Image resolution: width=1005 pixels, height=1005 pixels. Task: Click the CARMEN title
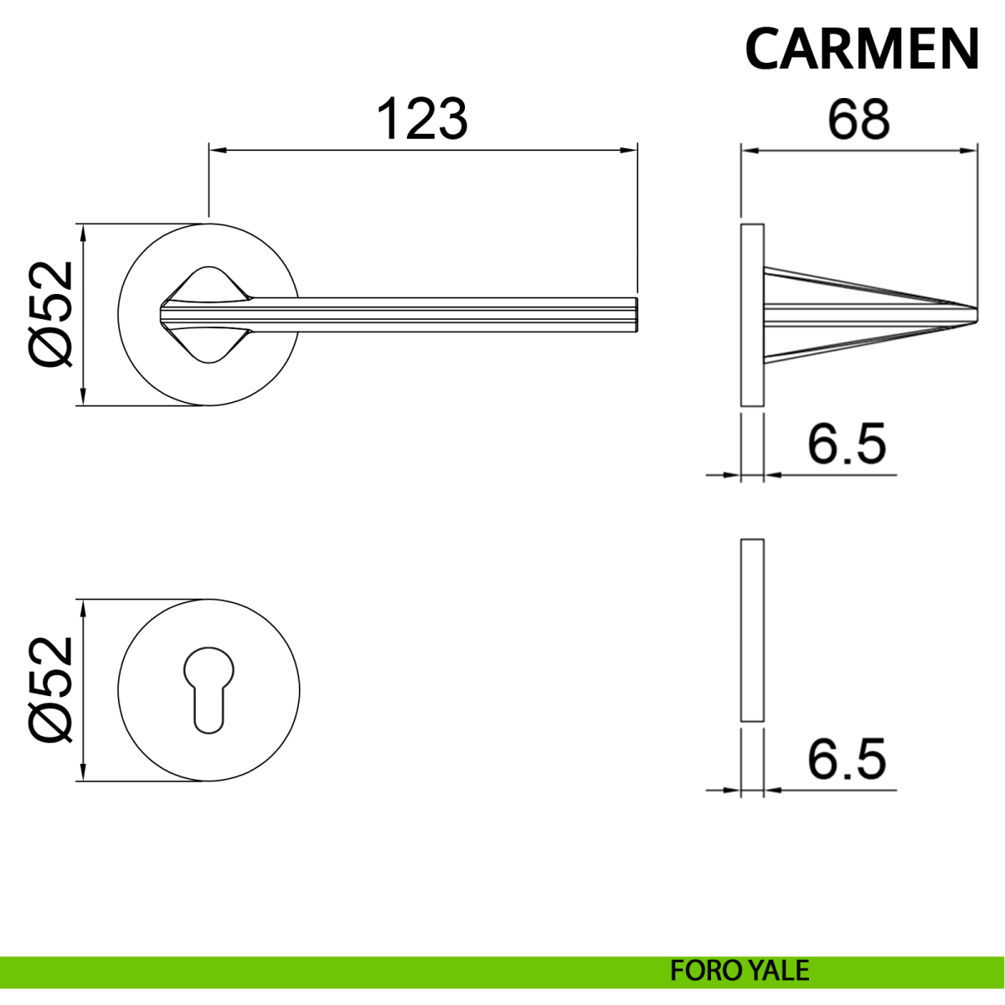[862, 49]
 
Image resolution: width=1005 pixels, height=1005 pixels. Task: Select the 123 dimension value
[422, 119]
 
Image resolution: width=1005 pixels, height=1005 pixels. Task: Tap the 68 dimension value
[858, 119]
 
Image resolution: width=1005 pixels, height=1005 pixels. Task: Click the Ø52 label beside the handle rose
[49, 314]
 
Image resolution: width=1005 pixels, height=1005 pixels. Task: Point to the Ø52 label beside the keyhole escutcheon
[49, 690]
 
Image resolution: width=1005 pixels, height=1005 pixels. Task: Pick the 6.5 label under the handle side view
[847, 444]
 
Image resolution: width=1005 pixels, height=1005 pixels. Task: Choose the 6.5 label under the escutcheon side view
[847, 759]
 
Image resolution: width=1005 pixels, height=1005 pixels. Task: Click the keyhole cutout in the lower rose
[209, 689]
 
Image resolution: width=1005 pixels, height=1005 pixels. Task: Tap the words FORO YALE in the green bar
[739, 971]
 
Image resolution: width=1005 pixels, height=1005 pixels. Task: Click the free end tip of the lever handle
[637, 315]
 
